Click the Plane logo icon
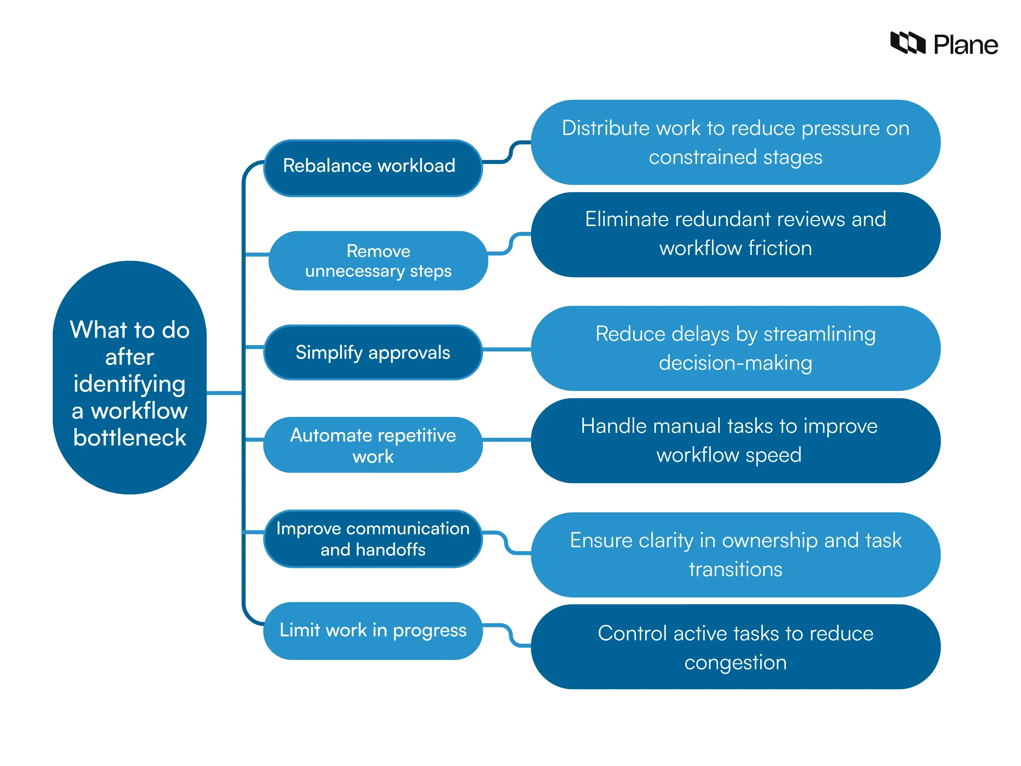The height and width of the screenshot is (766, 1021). point(907,43)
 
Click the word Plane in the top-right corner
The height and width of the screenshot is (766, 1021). point(965,45)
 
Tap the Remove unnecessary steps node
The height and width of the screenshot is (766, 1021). point(378,261)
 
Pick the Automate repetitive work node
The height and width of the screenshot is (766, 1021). point(373,445)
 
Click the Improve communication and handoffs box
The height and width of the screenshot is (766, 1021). point(373,539)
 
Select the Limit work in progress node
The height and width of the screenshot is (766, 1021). point(373,631)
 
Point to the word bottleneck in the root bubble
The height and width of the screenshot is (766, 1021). point(130,438)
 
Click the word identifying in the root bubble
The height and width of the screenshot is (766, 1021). point(130,384)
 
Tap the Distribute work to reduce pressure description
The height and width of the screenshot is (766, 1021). point(735,142)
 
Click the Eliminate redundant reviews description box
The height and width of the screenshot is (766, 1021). point(735,235)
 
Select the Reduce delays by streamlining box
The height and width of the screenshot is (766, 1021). point(735,349)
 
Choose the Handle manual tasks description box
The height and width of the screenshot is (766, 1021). point(735,441)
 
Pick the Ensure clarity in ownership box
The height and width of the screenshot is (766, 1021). point(735,555)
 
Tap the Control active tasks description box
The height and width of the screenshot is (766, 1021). point(735,647)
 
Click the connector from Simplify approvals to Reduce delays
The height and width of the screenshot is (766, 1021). point(507,349)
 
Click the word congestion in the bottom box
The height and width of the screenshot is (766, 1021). point(735,663)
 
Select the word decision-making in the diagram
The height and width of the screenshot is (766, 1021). point(735,363)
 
